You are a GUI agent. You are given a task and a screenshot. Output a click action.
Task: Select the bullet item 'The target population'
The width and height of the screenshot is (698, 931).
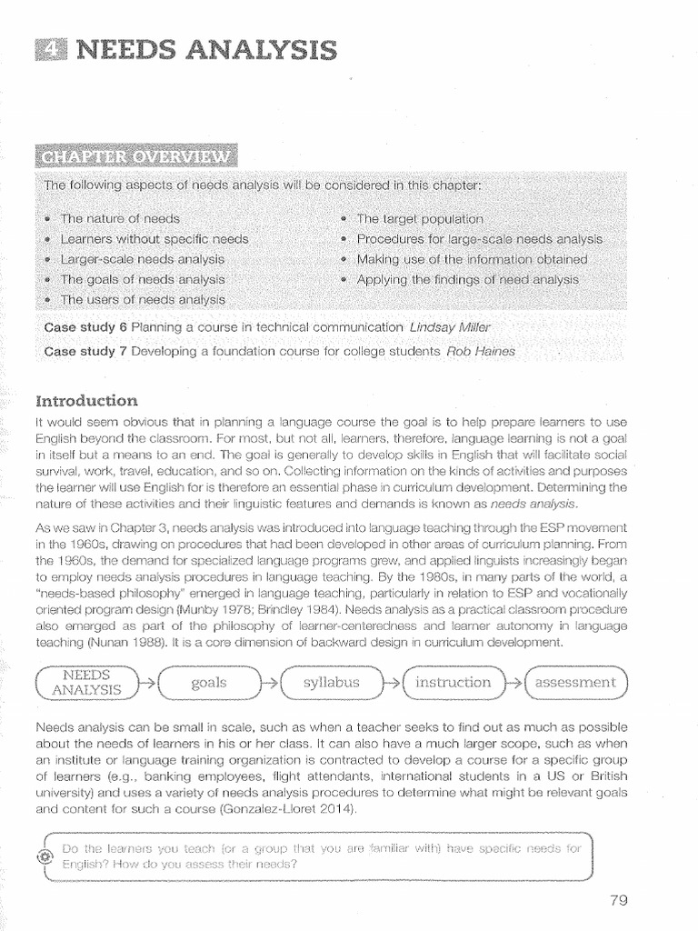pyautogui.click(x=419, y=219)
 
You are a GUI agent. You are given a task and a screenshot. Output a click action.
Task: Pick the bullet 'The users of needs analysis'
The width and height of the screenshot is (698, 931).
pyautogui.click(x=144, y=298)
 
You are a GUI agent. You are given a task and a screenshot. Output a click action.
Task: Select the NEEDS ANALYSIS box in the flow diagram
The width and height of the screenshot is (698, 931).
pyautogui.click(x=88, y=682)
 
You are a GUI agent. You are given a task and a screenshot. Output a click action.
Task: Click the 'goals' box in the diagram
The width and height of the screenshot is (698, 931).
pyautogui.click(x=209, y=683)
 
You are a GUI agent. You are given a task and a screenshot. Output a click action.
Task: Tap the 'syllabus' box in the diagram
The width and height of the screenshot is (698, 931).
pyautogui.click(x=332, y=682)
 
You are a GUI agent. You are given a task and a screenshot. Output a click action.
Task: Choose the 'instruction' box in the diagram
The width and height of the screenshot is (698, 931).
pyautogui.click(x=453, y=682)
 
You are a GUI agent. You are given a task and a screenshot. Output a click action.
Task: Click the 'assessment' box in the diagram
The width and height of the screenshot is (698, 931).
pyautogui.click(x=575, y=682)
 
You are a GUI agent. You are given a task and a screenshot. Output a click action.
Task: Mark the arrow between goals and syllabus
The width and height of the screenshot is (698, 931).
pyautogui.click(x=270, y=683)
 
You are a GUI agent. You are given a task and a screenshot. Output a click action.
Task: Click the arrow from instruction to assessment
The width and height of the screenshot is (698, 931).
pyautogui.click(x=514, y=683)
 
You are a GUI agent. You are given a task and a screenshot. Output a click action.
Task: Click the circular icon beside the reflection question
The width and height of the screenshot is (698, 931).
pyautogui.click(x=45, y=857)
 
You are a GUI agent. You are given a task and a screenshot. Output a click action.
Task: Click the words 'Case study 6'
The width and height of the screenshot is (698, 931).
pyautogui.click(x=85, y=326)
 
